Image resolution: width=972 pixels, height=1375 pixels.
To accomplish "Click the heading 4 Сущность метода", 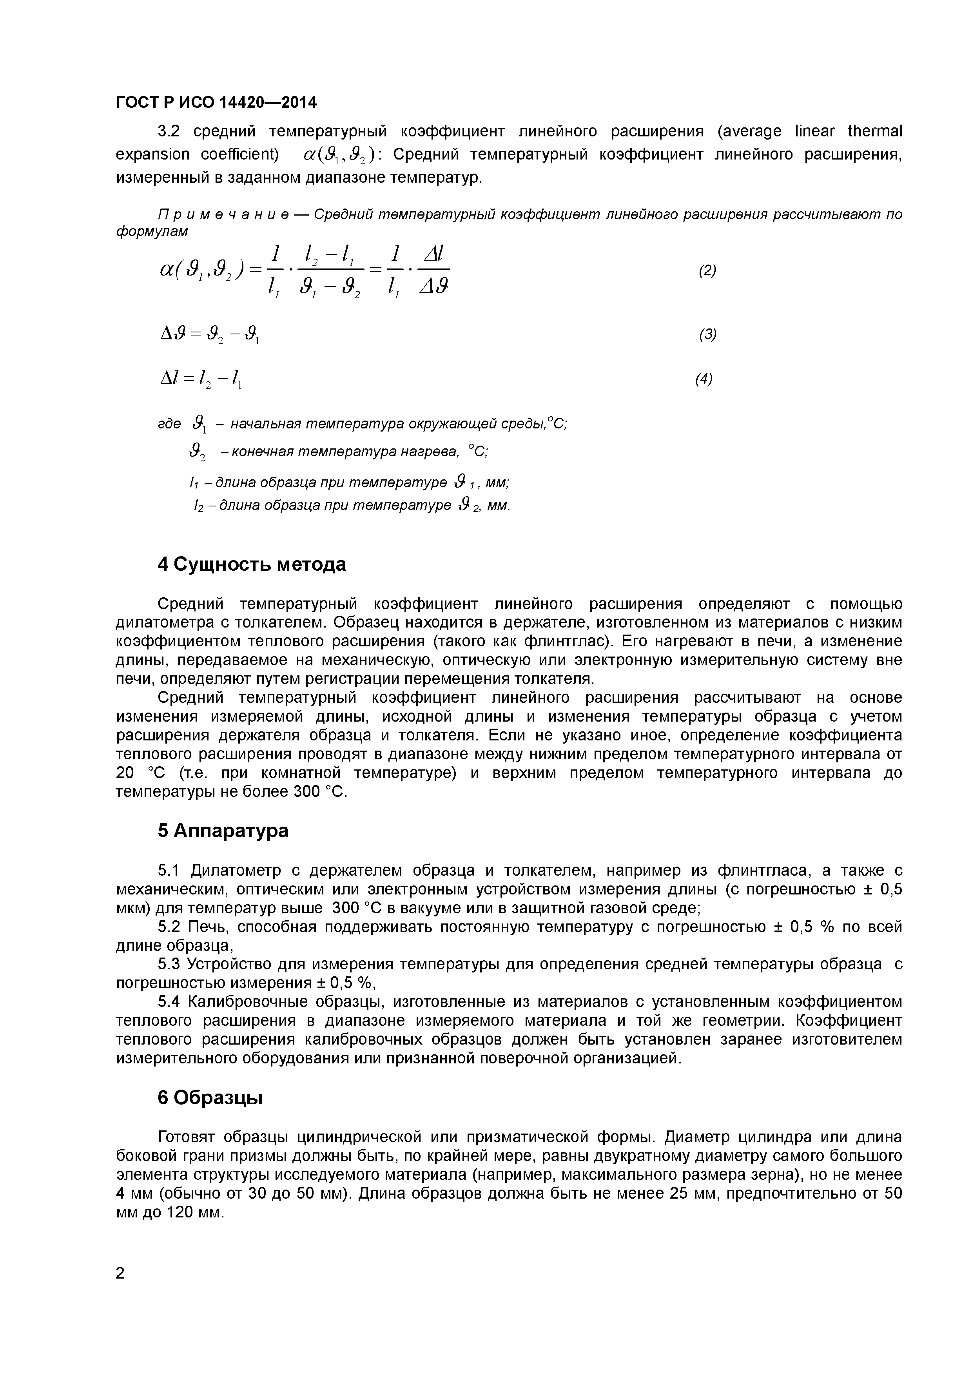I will [252, 564].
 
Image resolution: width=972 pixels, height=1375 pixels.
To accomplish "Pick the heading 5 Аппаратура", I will [223, 831].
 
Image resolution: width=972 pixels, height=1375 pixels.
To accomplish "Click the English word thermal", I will [875, 131].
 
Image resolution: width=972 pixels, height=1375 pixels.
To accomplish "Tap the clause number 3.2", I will [169, 131].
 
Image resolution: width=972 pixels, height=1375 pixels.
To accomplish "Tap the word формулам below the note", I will [152, 232].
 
